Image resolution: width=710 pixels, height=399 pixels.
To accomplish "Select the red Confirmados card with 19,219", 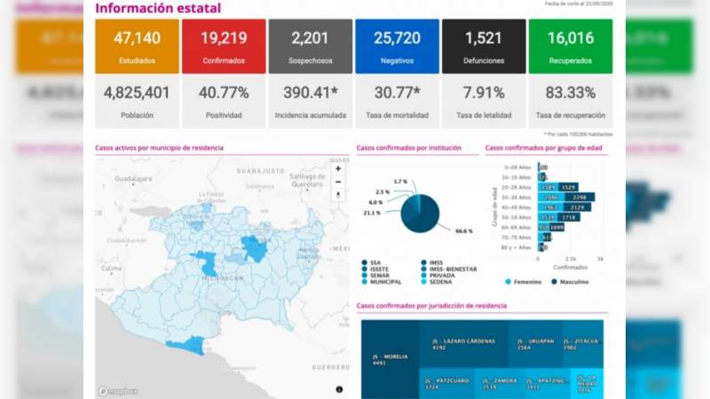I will click(x=223, y=46).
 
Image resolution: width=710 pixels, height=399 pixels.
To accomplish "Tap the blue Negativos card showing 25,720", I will click(x=397, y=46).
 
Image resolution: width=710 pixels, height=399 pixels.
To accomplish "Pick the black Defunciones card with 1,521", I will click(x=484, y=46).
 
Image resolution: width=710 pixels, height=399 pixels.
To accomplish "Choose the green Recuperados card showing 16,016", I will click(x=570, y=46).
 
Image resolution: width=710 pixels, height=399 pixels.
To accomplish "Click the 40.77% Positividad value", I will click(x=223, y=93).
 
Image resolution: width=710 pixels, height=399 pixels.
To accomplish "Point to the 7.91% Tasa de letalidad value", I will click(x=484, y=93).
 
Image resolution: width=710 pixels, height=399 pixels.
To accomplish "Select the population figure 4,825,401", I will click(x=137, y=93).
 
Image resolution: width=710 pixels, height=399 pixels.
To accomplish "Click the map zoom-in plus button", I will click(x=337, y=168).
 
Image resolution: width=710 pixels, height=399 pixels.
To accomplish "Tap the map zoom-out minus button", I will click(x=337, y=182).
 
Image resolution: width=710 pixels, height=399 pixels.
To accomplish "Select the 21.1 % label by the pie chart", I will click(x=372, y=213).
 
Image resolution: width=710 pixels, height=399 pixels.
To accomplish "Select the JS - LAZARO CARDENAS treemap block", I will click(x=462, y=344).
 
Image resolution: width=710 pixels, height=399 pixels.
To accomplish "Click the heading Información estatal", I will click(x=158, y=9).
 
